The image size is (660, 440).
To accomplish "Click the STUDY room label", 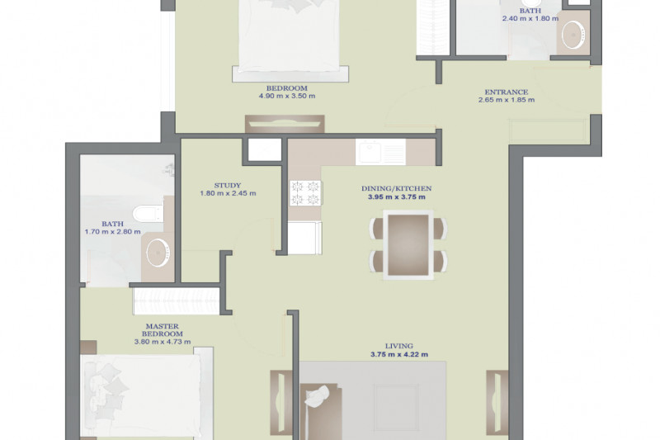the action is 228,185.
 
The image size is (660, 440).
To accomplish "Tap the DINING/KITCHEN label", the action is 397,189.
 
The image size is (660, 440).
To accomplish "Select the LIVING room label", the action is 399,346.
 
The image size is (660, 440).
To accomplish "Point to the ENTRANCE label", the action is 507,92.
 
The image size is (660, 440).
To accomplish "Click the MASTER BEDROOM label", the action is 163,330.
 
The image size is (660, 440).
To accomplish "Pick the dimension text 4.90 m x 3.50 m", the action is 287,96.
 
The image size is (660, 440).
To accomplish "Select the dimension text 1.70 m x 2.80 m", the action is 113,232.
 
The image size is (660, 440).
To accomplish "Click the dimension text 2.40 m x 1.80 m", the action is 530,18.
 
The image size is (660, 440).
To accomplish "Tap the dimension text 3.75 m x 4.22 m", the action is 399,354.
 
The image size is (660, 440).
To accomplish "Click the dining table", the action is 408,245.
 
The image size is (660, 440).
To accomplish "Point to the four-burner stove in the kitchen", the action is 305,193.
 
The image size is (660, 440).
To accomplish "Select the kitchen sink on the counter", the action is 380,152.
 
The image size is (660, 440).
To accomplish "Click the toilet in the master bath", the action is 148,213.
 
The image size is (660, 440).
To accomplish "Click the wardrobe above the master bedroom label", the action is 177,301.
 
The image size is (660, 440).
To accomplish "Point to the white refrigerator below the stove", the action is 304,238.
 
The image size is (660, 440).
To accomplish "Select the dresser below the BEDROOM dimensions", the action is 285,124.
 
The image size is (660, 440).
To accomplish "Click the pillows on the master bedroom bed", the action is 106,390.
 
